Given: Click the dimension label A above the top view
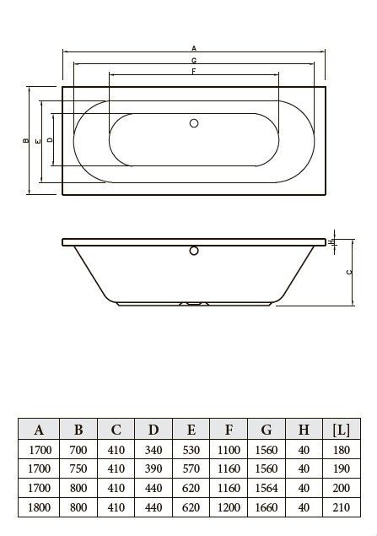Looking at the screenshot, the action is click(194, 48).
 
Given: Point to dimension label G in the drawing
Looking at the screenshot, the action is click(194, 61).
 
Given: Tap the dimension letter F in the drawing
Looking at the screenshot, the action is click(194, 72).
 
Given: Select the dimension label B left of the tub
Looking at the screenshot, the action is click(25, 140).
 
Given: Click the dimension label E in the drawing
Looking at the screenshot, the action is click(38, 141).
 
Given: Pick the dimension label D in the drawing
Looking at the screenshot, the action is click(50, 139).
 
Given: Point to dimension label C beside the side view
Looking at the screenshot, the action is click(348, 272).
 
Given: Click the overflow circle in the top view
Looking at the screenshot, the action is click(194, 123).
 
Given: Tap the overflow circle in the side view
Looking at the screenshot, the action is click(194, 251).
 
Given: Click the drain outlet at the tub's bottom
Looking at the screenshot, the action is click(194, 303).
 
